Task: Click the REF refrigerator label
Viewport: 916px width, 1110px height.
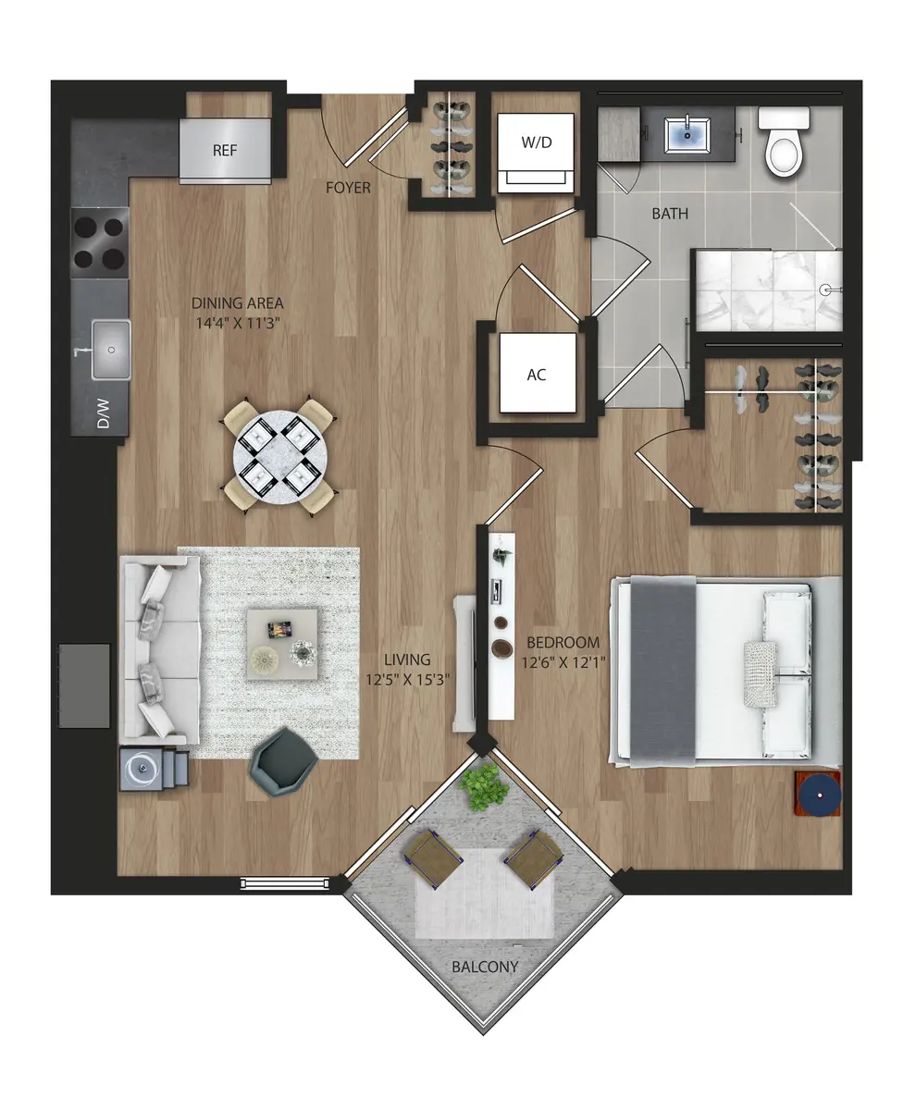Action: (x=225, y=151)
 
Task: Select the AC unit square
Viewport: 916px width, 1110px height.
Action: (x=537, y=374)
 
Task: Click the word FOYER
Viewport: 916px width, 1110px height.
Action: (x=348, y=188)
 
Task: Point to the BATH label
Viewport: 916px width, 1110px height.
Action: (x=670, y=214)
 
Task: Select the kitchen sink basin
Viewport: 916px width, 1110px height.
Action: (x=111, y=350)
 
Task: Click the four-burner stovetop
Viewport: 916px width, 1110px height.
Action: (x=100, y=241)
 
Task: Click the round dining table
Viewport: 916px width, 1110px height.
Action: (x=278, y=454)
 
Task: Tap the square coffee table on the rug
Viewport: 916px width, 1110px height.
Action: (x=283, y=644)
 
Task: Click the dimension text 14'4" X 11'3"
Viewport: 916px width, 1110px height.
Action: (x=237, y=323)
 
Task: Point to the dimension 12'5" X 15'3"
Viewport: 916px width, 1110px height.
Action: (x=408, y=678)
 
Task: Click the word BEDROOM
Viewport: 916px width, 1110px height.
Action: (x=563, y=642)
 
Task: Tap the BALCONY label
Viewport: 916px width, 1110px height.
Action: (x=484, y=968)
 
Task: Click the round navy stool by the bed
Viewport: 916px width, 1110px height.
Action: (x=819, y=794)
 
